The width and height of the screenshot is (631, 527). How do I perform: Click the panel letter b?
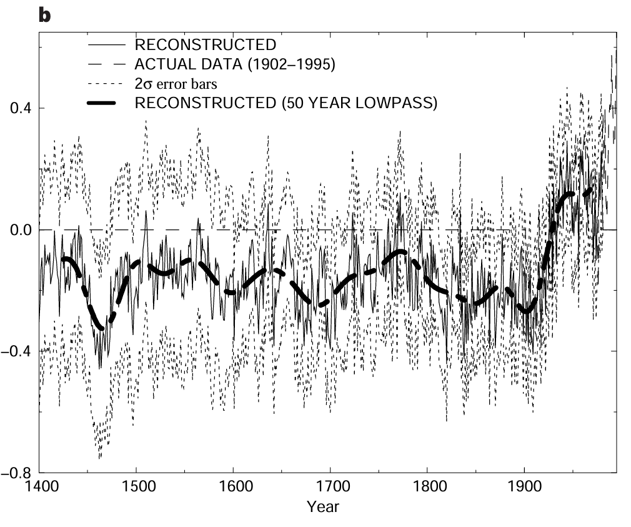[44, 15]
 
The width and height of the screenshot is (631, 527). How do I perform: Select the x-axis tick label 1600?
[232, 486]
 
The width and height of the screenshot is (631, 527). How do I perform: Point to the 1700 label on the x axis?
[330, 486]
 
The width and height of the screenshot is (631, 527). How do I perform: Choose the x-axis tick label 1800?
[427, 486]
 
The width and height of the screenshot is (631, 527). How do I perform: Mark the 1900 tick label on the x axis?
[524, 486]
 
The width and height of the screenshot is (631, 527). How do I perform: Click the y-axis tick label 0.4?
[20, 109]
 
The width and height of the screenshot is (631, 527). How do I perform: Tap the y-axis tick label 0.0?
[20, 230]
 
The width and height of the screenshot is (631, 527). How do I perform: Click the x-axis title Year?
[322, 506]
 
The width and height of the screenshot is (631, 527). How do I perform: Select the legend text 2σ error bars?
[176, 84]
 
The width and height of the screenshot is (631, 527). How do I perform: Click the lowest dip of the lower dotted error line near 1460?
[99, 458]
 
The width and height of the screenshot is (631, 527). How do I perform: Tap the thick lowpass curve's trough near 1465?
[102, 326]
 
